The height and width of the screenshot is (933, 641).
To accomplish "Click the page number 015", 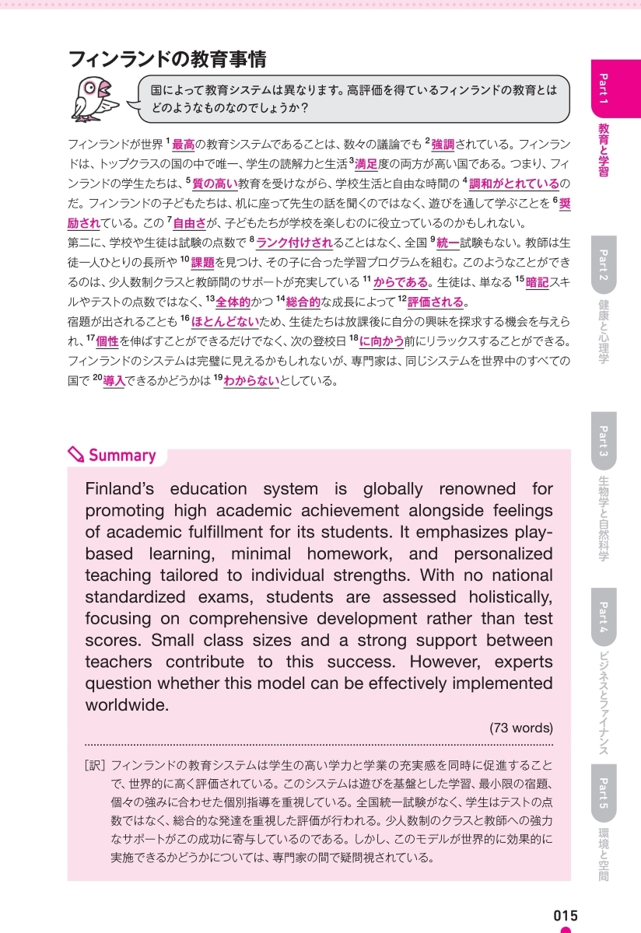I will (x=566, y=916).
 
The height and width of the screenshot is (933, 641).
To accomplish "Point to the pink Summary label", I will (x=122, y=456).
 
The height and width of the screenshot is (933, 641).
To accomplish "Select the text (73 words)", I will (x=521, y=729).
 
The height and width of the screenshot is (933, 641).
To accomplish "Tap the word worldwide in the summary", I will (x=127, y=706).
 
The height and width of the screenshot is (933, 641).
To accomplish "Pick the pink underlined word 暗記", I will (x=537, y=281).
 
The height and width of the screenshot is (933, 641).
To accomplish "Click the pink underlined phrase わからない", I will (x=251, y=381).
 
